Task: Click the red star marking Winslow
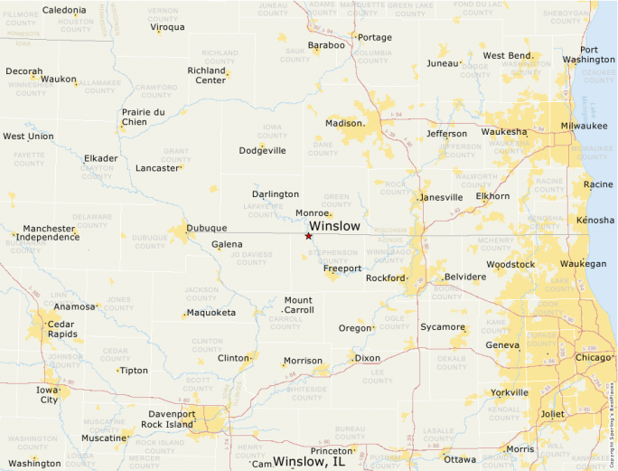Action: tap(308, 236)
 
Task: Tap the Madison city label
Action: tap(343, 123)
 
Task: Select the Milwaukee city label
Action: tap(584, 125)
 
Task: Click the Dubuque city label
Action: tap(206, 229)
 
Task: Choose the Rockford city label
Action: tap(386, 278)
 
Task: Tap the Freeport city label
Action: tap(342, 268)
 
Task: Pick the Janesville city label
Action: tap(442, 197)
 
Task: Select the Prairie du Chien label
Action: tap(144, 117)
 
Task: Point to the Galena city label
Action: tap(227, 244)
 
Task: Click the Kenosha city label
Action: tap(595, 220)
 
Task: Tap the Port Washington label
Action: tap(588, 54)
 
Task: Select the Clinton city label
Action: tap(233, 358)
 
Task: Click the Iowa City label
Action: tap(47, 394)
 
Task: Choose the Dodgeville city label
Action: tap(262, 150)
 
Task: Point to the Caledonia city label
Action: tap(64, 10)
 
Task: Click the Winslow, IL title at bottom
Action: tap(309, 461)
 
